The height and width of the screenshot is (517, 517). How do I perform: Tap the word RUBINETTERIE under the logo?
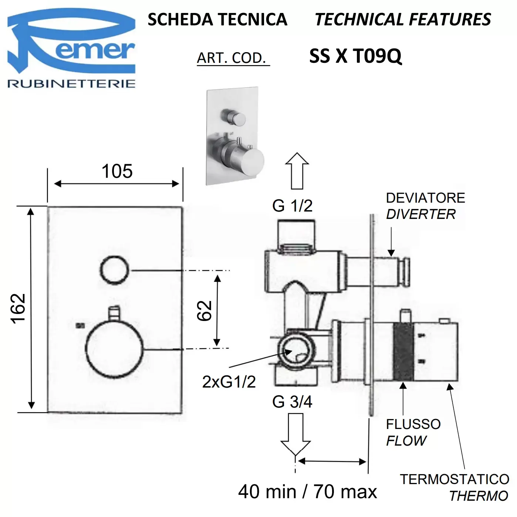click(x=71, y=84)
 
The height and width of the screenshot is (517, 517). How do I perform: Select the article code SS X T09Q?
click(x=355, y=57)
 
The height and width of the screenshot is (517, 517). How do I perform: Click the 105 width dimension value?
click(x=117, y=171)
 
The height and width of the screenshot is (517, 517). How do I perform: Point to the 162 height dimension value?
click(x=18, y=309)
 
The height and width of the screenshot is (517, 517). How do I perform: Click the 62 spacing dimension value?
click(x=205, y=311)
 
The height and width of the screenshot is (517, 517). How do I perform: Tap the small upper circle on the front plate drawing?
click(x=115, y=270)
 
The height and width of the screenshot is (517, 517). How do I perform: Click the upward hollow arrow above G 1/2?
click(x=297, y=171)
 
